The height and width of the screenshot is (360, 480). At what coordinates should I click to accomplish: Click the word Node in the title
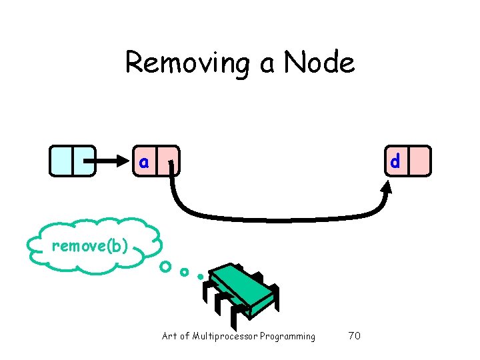[319, 63]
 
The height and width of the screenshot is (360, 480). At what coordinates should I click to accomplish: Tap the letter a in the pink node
[144, 161]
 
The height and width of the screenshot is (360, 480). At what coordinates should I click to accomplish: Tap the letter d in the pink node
[395, 161]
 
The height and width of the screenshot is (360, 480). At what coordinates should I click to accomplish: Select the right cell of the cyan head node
[84, 161]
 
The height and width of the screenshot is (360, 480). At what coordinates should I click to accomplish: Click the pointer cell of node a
[169, 161]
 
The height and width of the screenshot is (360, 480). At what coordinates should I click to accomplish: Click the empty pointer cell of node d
[419, 161]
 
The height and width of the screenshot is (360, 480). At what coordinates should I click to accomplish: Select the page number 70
[354, 336]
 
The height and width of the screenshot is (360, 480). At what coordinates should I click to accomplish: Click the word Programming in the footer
[289, 336]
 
